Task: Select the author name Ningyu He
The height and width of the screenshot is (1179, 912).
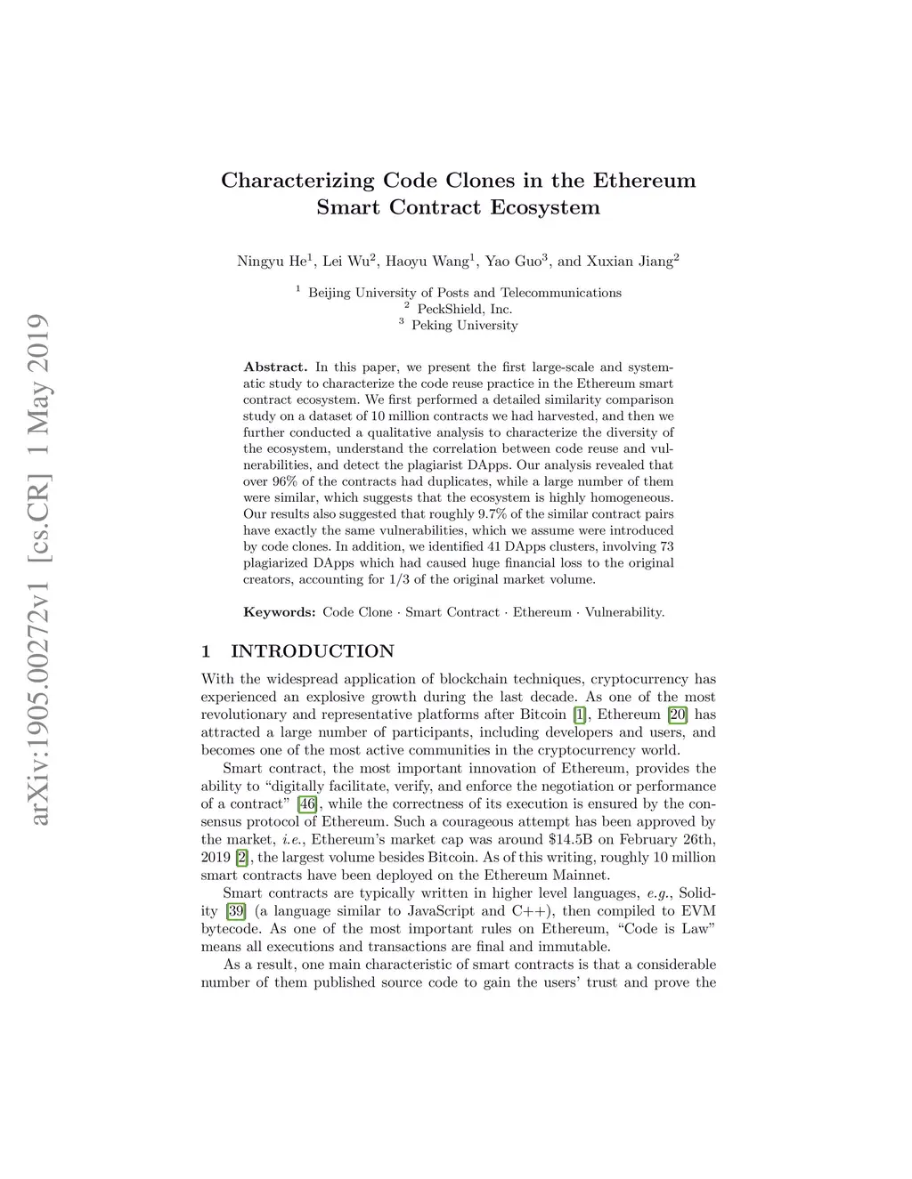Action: coord(272,262)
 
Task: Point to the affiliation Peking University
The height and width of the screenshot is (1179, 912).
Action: coord(464,326)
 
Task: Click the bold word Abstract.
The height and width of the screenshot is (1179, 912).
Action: coord(275,367)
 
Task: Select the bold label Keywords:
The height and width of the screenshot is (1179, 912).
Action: coord(279,612)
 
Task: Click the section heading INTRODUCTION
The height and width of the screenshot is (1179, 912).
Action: coord(312,651)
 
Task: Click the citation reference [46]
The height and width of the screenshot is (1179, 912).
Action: coord(307,804)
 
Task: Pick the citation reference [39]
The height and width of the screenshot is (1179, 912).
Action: coord(236,911)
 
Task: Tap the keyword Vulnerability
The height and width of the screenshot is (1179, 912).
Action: coord(624,612)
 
